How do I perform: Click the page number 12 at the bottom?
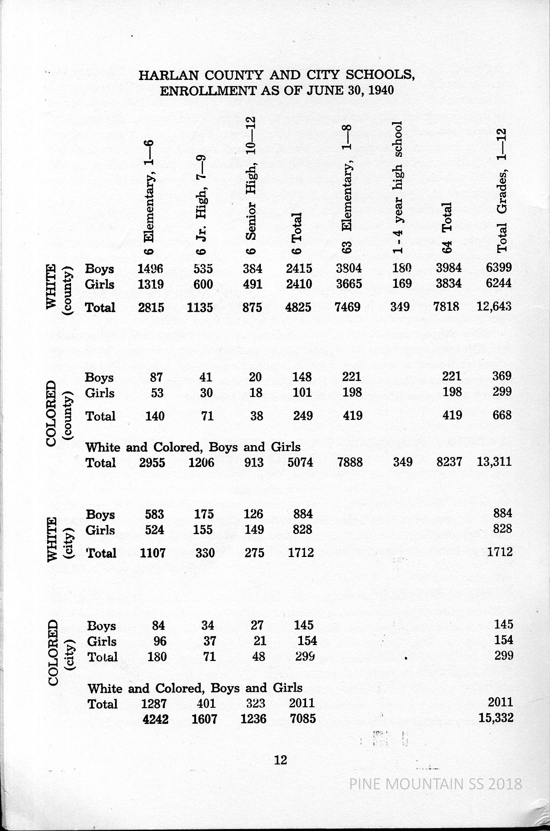(x=280, y=760)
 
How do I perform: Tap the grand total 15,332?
(x=495, y=718)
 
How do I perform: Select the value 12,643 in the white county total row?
(x=494, y=307)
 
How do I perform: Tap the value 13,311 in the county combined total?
(x=494, y=462)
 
